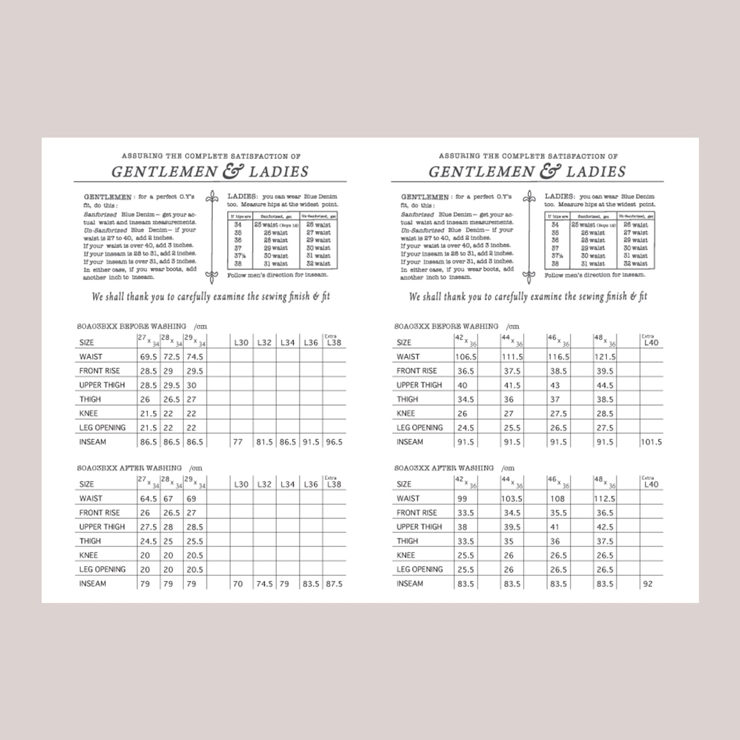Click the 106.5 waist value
(x=466, y=357)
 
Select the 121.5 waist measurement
(x=605, y=357)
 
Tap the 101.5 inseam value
(x=651, y=442)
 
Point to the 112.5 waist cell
(x=605, y=498)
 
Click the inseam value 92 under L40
(x=647, y=584)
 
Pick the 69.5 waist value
(x=149, y=357)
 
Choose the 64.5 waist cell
(x=149, y=498)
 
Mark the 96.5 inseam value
(x=334, y=442)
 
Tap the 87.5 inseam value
(x=334, y=584)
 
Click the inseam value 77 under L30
(x=238, y=442)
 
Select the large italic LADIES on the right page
(x=595, y=172)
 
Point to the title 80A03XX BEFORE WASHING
(x=446, y=326)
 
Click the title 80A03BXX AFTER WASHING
(x=129, y=468)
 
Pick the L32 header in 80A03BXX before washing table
(x=264, y=342)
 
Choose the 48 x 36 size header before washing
(x=604, y=341)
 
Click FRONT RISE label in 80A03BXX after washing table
(x=99, y=513)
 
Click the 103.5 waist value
(x=512, y=498)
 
